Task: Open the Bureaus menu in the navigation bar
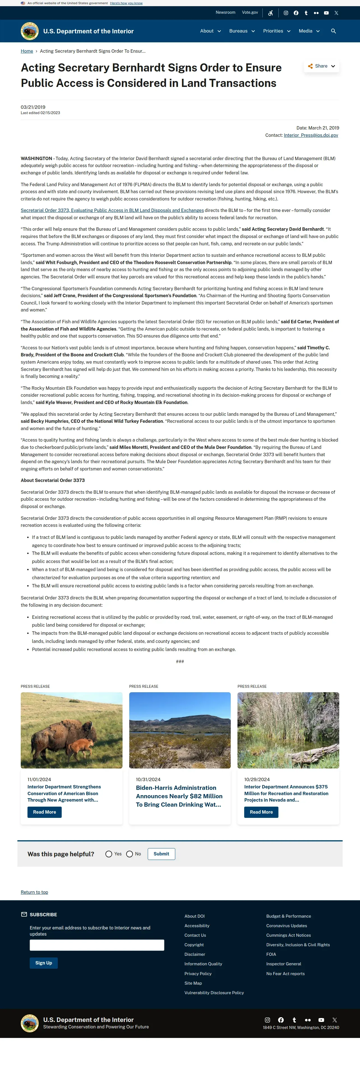coord(242,31)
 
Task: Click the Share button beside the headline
coord(321,66)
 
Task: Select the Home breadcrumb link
coord(27,51)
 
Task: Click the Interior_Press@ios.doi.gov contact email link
coord(311,135)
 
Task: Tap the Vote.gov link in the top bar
coord(250,13)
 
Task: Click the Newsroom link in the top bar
coord(225,13)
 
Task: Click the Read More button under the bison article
coord(44,812)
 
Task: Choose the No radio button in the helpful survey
coord(130,854)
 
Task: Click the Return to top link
coord(34,892)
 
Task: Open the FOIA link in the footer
coord(271,954)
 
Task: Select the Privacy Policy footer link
coord(198,973)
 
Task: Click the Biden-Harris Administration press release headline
coord(179,796)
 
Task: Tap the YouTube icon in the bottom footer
coord(321,1020)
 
